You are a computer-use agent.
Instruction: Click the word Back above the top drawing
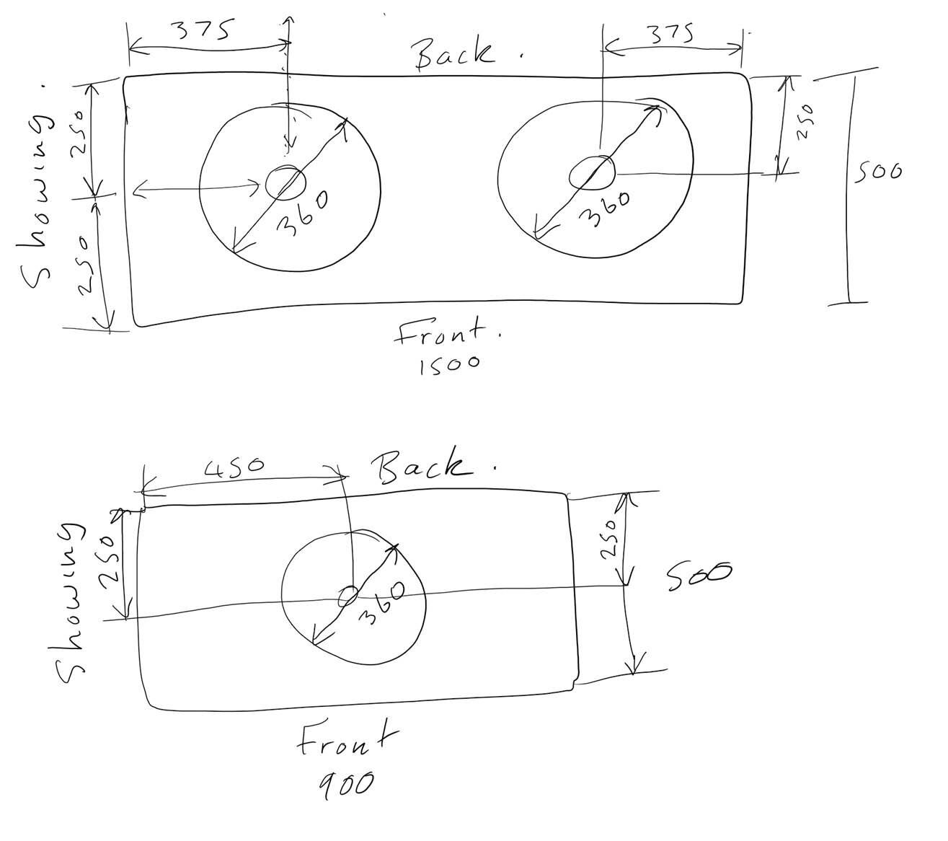click(454, 53)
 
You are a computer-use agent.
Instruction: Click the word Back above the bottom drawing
click(425, 467)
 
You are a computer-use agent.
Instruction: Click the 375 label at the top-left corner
click(203, 30)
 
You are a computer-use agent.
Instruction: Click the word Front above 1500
click(448, 334)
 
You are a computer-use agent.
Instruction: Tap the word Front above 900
click(347, 741)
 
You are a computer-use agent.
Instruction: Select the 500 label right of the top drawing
click(878, 172)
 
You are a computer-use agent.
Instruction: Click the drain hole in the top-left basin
click(285, 182)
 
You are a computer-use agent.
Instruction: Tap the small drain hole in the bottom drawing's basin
click(348, 596)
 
